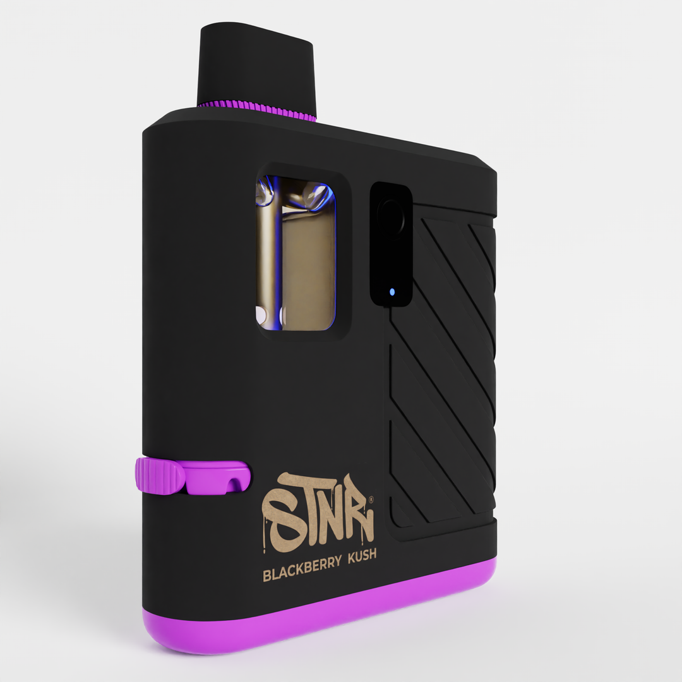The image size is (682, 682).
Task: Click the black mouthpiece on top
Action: [x=256, y=66]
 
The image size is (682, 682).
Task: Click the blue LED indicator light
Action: [x=392, y=292]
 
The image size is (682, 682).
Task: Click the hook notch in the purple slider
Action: [x=235, y=484]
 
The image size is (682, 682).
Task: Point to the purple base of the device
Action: [x=316, y=616]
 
